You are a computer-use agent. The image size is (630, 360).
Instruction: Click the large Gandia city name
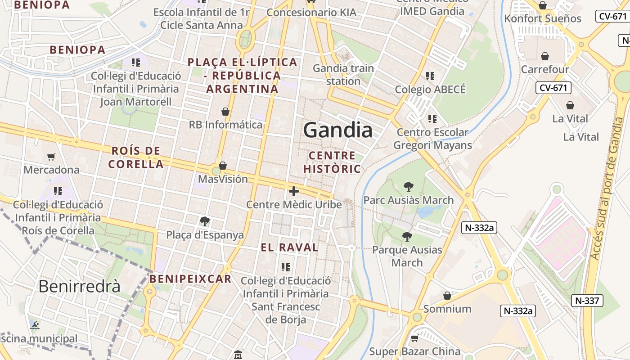point(337,130)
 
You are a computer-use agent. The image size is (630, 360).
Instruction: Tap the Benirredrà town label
point(79,286)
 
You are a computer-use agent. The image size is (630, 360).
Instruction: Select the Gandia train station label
point(343,75)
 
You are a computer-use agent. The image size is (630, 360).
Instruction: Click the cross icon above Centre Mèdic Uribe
point(294,192)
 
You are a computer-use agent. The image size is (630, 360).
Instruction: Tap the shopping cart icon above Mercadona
point(51,157)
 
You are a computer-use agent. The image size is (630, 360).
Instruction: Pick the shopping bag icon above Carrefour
point(545,56)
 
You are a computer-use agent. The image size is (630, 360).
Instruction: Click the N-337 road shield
point(587,300)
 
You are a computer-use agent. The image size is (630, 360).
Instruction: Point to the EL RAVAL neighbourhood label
point(290,247)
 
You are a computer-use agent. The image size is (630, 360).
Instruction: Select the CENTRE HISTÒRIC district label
point(332,162)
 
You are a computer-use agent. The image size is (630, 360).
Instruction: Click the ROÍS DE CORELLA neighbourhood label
point(136,157)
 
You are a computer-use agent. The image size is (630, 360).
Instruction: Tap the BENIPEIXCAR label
point(190,279)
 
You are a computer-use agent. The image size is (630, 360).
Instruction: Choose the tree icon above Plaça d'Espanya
point(205,221)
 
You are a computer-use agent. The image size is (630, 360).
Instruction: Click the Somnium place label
point(447,309)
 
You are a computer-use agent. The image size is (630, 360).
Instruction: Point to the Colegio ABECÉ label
point(430,89)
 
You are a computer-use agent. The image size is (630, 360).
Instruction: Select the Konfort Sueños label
point(543,18)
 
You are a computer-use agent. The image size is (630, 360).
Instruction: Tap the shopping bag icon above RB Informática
point(225,112)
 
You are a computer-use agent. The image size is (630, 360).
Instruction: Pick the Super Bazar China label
point(415,351)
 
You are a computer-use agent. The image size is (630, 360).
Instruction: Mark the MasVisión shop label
point(223,179)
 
